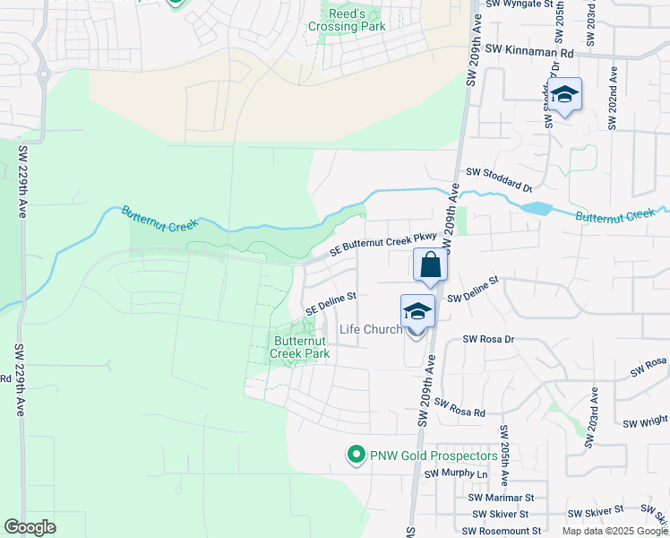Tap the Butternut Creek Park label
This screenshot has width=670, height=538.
[302, 347]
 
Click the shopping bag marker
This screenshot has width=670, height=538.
[430, 266]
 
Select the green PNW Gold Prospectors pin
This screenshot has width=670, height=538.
[356, 456]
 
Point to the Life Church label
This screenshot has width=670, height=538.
[371, 329]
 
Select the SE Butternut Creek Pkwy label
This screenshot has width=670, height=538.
[382, 243]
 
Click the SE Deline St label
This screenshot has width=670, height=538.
[331, 301]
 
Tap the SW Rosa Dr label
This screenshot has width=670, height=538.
[488, 339]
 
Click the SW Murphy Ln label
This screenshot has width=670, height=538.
[458, 473]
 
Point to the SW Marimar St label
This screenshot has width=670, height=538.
[501, 497]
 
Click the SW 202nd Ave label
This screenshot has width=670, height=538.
[613, 98]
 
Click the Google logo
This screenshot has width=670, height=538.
[30, 527]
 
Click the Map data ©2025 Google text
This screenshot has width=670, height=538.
[614, 531]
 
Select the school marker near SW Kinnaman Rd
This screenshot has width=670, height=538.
[565, 95]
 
